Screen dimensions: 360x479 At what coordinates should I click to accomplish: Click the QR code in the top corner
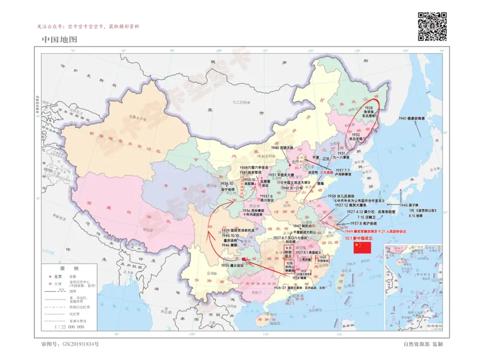click(x=432, y=26)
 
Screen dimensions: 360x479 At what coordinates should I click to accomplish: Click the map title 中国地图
click(x=60, y=40)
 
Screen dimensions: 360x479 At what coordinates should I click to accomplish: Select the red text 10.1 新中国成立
click(x=359, y=238)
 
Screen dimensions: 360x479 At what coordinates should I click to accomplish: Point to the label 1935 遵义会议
click(x=232, y=265)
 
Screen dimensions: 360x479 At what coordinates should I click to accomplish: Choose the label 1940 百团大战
click(x=283, y=147)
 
